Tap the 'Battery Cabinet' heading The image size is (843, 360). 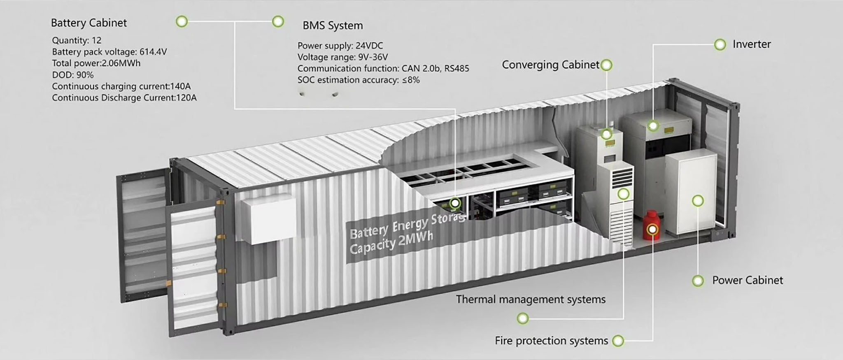click(88, 23)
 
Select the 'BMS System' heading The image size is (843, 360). click(333, 26)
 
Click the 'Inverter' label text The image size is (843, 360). click(751, 44)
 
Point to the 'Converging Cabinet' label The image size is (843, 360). click(550, 65)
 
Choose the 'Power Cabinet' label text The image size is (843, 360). click(748, 281)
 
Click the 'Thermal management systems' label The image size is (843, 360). click(531, 300)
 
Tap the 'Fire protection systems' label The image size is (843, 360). click(551, 341)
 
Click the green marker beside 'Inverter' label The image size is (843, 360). click(720, 44)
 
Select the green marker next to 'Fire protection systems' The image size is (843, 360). click(618, 341)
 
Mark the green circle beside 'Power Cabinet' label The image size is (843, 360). click(698, 281)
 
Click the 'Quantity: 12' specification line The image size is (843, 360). click(77, 40)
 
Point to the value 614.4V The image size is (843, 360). click(153, 52)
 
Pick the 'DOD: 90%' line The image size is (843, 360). click(73, 75)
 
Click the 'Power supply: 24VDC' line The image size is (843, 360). click(340, 46)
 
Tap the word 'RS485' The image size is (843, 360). click(456, 69)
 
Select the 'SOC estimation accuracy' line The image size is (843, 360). click(359, 80)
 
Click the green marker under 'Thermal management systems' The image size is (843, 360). click(522, 318)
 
